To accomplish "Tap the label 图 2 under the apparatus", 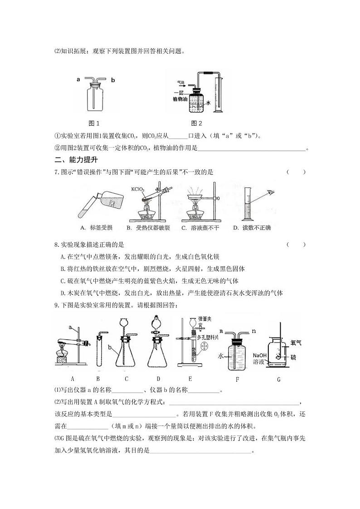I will click(196, 123).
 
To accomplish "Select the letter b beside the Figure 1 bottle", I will click(113, 80).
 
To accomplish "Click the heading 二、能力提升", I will click(76, 160).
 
